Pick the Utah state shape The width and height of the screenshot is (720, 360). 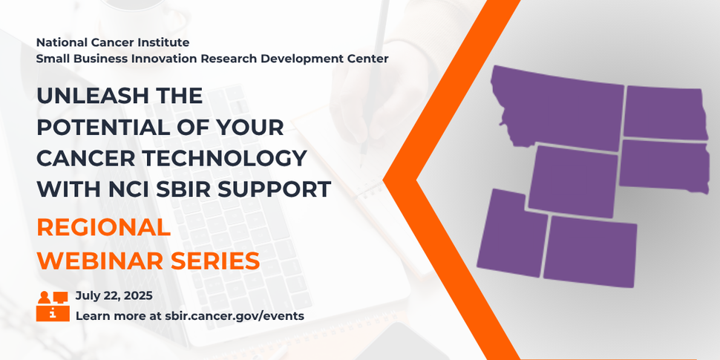tap(509, 234)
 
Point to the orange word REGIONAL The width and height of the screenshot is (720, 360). tap(103, 227)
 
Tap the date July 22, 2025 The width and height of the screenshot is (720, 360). tap(114, 295)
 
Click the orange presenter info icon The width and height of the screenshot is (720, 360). tap(52, 305)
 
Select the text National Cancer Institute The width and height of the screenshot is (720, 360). tap(112, 42)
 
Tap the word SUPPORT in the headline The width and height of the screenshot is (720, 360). tap(279, 189)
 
